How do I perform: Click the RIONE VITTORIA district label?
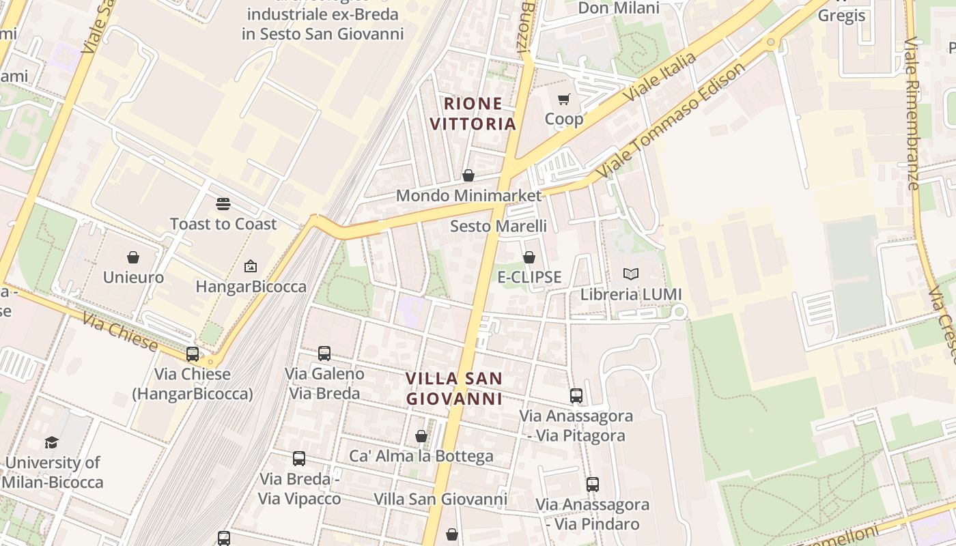pyautogui.click(x=479, y=113)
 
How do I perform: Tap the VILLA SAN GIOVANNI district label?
pyautogui.click(x=454, y=388)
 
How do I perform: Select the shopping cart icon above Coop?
pyautogui.click(x=564, y=100)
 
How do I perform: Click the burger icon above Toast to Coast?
pyautogui.click(x=223, y=203)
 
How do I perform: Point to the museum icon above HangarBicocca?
pyautogui.click(x=251, y=266)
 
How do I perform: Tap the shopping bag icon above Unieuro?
pyautogui.click(x=133, y=257)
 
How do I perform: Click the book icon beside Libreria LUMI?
pyautogui.click(x=631, y=274)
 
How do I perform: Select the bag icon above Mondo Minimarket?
pyautogui.click(x=468, y=175)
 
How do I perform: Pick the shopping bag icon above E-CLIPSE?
pyautogui.click(x=529, y=257)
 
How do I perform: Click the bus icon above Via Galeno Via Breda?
pyautogui.click(x=324, y=354)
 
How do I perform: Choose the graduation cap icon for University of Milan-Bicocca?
pyautogui.click(x=52, y=442)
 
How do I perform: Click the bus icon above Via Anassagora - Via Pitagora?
pyautogui.click(x=576, y=395)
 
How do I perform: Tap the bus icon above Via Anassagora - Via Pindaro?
pyautogui.click(x=593, y=485)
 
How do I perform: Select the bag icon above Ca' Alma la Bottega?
pyautogui.click(x=421, y=436)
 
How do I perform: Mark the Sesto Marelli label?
pyautogui.click(x=498, y=226)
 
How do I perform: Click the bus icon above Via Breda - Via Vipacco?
pyautogui.click(x=299, y=459)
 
